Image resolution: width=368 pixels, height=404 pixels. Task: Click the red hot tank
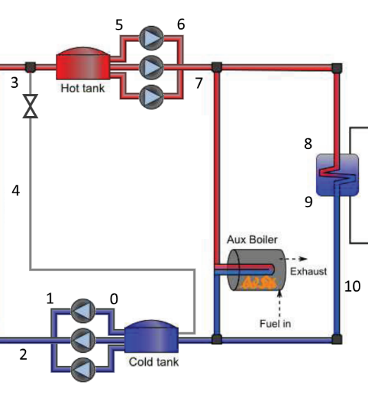point(83,63)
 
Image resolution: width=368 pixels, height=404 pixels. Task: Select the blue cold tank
point(151,337)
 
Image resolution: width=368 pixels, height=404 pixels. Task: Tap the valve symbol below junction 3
point(30,106)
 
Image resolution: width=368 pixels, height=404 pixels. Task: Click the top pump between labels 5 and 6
point(151,38)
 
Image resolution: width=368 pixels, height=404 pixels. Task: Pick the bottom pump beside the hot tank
point(151,97)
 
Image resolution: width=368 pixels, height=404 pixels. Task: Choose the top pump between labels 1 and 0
point(83,311)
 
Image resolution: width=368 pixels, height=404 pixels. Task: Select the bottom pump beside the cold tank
point(83,370)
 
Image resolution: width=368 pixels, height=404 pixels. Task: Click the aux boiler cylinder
point(257,270)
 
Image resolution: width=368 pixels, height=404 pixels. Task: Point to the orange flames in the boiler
point(258,283)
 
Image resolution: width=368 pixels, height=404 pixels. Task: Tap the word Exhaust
point(308,271)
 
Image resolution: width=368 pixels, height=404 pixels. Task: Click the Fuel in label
point(275,324)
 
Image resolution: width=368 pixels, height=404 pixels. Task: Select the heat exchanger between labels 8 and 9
point(338,175)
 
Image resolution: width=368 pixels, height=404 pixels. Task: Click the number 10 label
point(353,286)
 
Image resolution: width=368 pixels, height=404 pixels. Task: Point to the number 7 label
point(198,83)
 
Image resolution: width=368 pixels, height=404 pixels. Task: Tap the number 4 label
point(15,191)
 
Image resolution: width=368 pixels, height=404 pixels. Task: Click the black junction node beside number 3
point(30,67)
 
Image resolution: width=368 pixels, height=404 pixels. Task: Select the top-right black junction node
point(337,67)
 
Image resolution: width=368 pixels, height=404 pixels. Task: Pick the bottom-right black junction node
point(337,339)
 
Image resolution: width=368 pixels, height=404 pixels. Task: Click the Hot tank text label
point(82,89)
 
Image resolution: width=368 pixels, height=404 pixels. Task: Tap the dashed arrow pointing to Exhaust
point(294,259)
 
